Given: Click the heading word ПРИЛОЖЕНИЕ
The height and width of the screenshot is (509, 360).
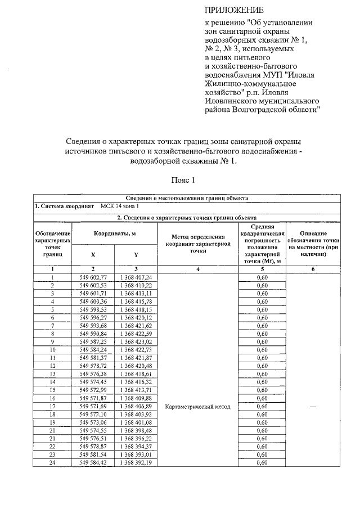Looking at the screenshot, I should point(233,10).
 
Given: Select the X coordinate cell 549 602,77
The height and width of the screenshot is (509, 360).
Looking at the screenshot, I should point(93,277).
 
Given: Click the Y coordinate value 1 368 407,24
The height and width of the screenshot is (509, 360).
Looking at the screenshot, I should point(136,277).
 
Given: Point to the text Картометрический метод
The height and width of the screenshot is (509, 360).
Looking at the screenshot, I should point(195,407).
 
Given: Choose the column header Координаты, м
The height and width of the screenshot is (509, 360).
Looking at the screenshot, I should point(115,233).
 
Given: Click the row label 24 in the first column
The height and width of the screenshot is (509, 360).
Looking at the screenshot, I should point(52,462).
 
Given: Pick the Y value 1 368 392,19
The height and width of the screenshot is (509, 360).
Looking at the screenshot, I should point(136,462).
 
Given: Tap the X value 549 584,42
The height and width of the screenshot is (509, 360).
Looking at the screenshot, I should point(93,462).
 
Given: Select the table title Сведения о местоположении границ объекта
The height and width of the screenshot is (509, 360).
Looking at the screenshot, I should point(187,198).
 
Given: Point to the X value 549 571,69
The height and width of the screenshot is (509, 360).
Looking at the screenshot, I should point(93,406).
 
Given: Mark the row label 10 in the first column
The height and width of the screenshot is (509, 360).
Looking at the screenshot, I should point(52,350).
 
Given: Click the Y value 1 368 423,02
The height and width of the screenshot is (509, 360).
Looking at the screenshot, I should point(136,341).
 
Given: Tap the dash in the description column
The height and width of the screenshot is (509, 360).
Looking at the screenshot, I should point(313,407).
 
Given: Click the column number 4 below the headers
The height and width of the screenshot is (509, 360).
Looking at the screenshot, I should point(195,269).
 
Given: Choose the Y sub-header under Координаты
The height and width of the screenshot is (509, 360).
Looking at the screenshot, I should point(136,254).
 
